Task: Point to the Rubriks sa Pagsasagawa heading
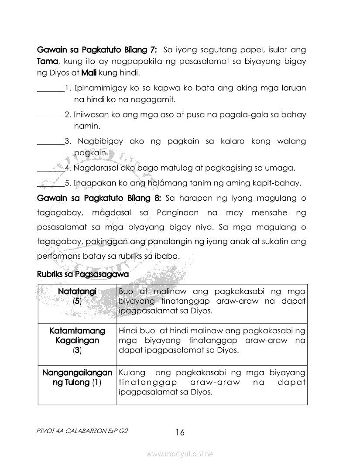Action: (83, 274)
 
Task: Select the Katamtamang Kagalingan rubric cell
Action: (77, 340)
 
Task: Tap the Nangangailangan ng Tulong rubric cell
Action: (77, 378)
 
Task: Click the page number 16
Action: (180, 432)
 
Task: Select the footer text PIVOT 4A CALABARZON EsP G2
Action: (83, 430)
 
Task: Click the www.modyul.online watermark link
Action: (180, 454)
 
